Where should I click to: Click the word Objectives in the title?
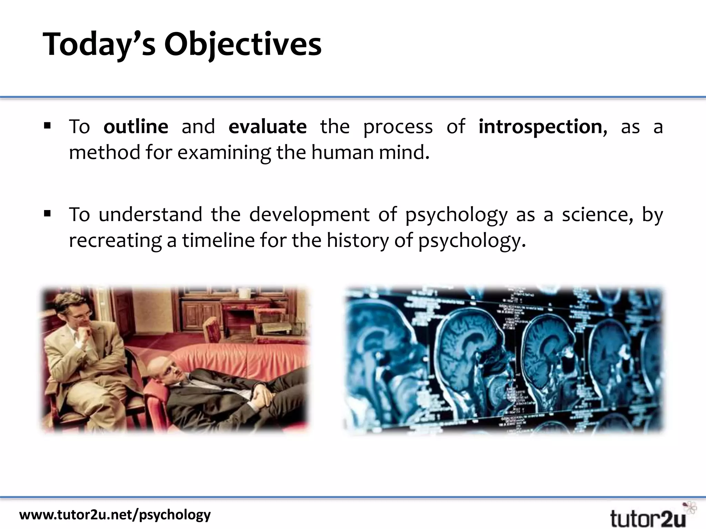coord(243,45)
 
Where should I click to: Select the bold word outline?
coord(136,127)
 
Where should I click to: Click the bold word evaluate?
coord(268,127)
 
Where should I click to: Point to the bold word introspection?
coord(540,127)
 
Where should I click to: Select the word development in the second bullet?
coord(309,215)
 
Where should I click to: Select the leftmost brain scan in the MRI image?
coord(376,348)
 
